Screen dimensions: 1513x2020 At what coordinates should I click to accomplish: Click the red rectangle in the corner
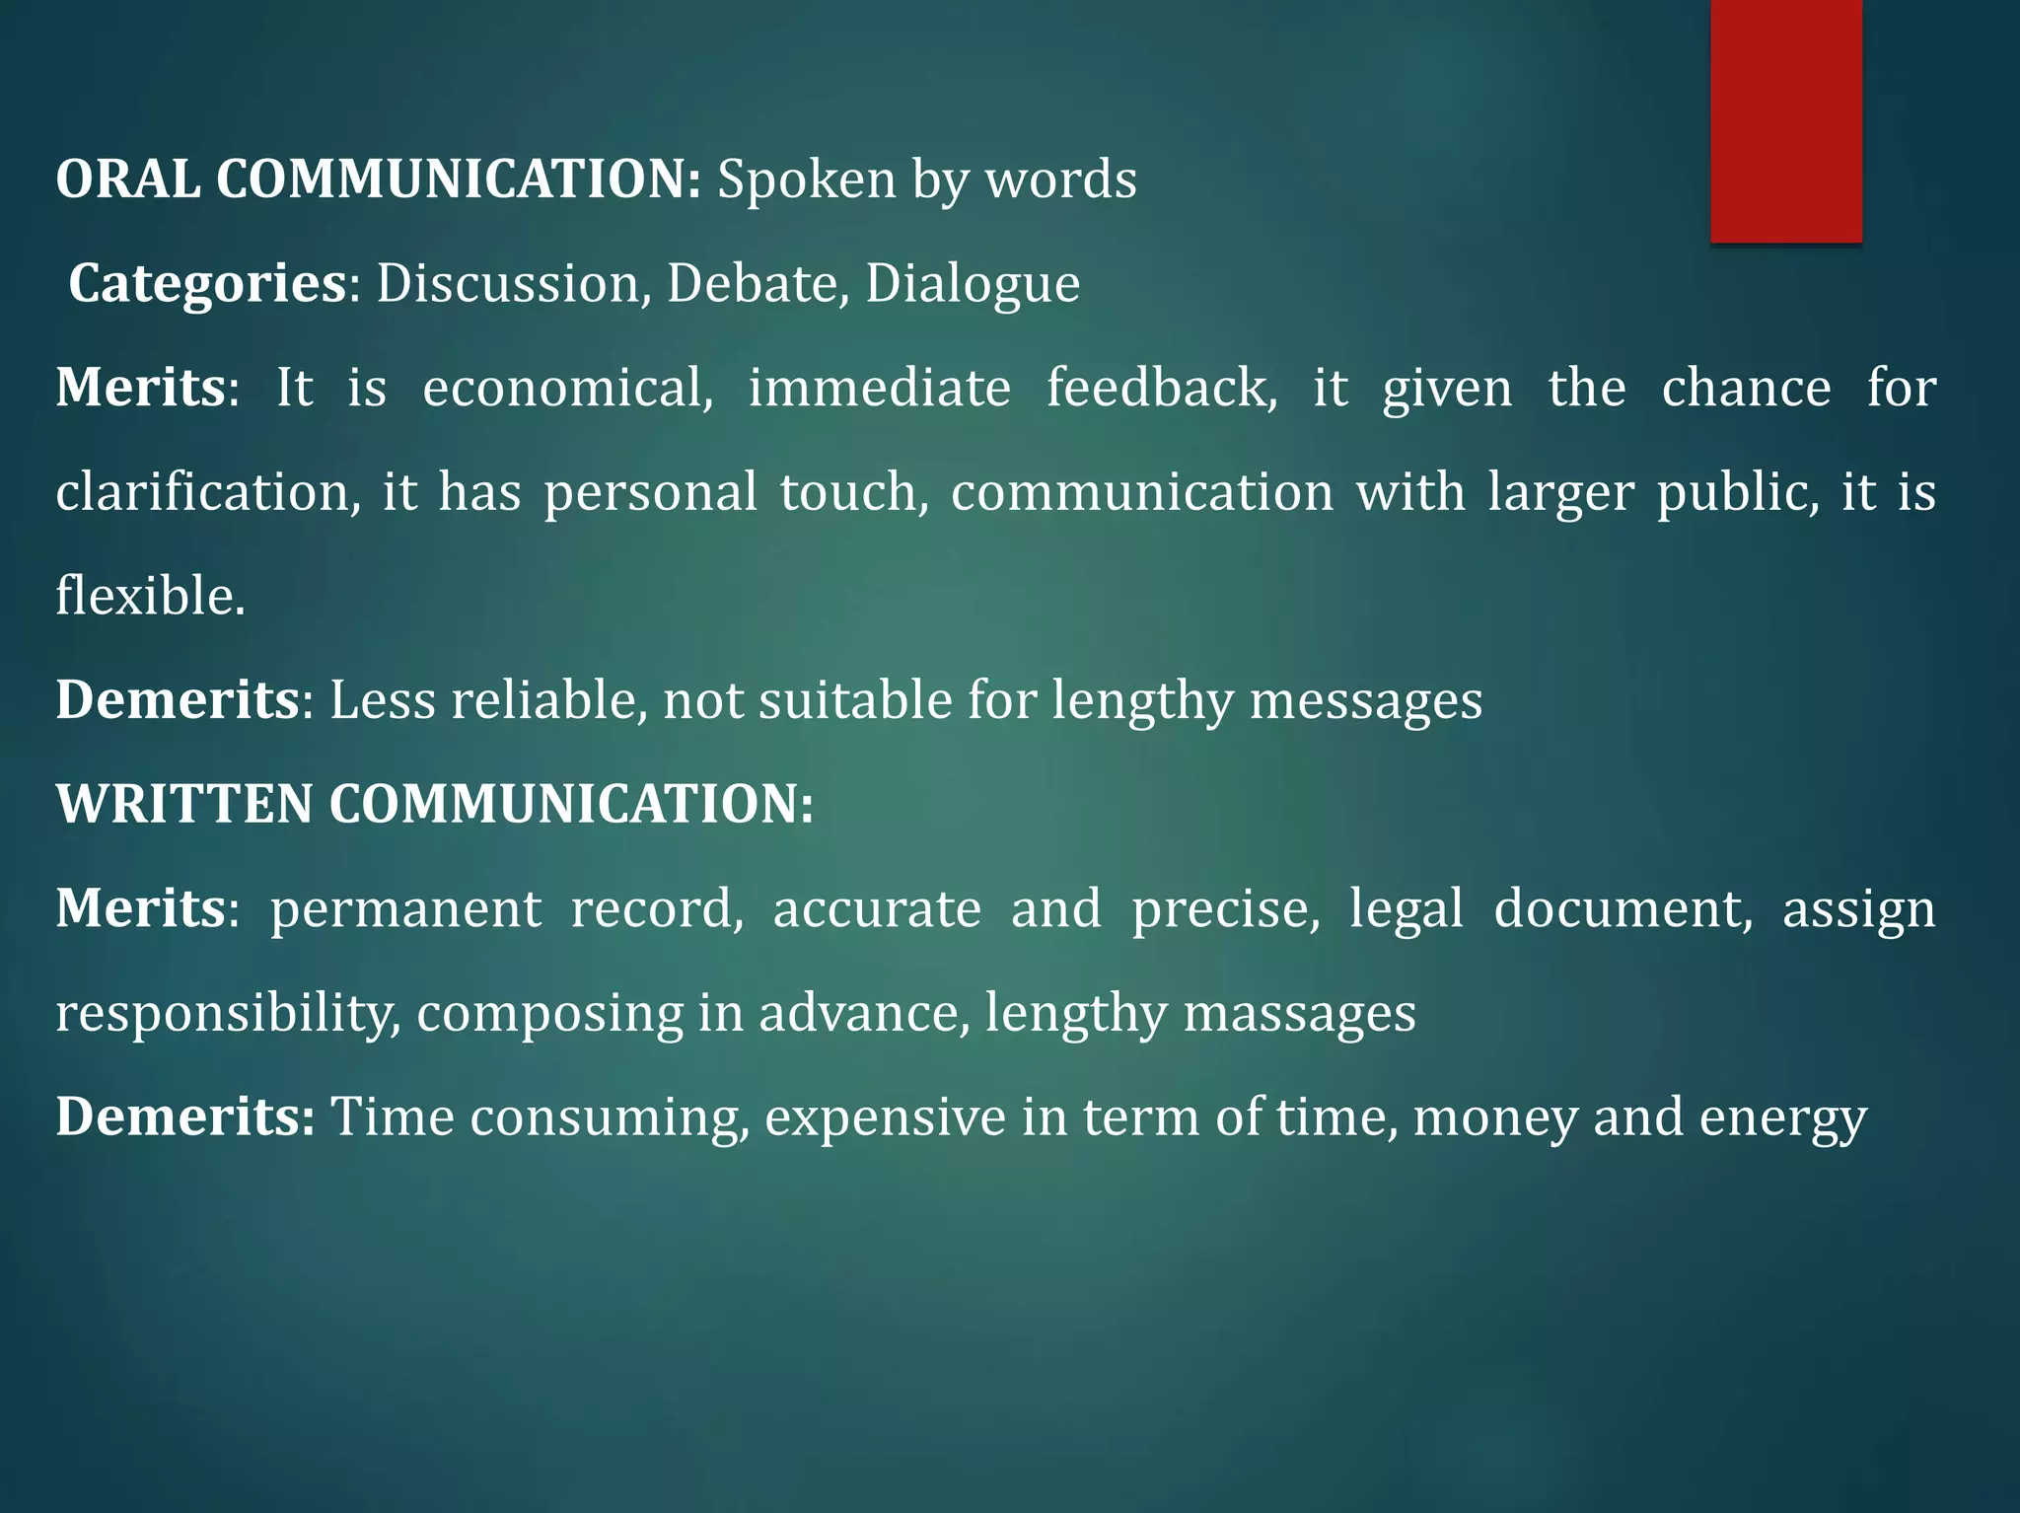pos(1785,120)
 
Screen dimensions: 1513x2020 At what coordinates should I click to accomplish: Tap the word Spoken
pos(806,181)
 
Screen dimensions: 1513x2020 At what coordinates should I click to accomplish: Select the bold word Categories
pos(207,285)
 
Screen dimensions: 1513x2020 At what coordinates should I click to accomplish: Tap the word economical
pos(568,389)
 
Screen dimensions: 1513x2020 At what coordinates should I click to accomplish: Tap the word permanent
pos(406,909)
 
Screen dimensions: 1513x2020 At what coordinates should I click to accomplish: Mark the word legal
pos(1407,909)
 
